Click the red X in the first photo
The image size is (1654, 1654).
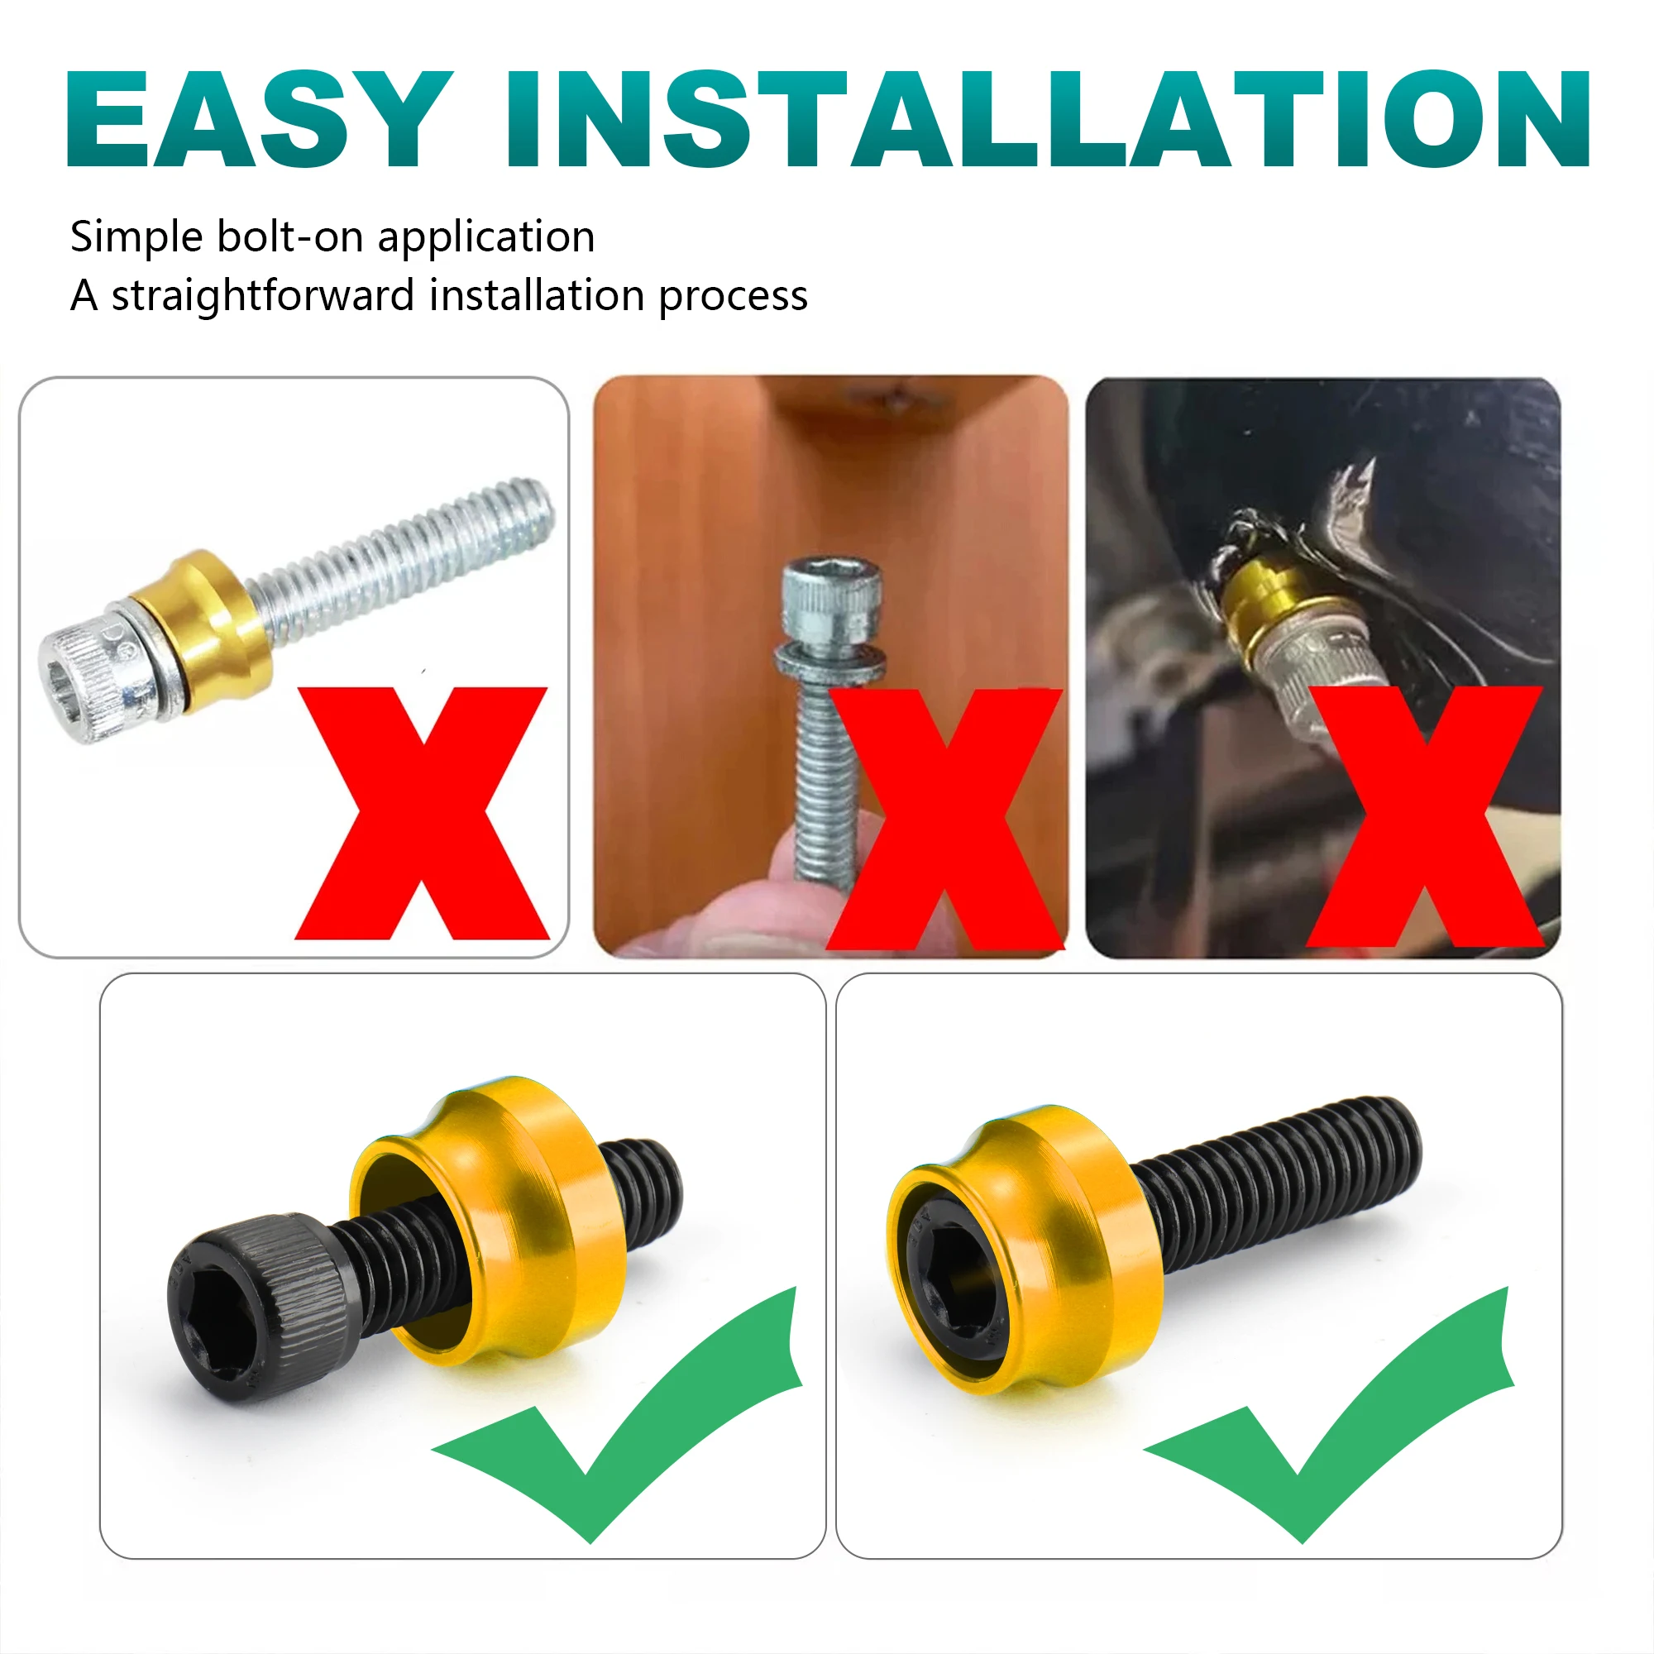422,812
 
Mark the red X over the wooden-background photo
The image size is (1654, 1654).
945,819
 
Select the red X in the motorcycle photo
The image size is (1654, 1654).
1425,816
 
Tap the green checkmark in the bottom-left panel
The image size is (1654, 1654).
618,1417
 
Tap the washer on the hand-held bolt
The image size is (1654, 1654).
829,662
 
